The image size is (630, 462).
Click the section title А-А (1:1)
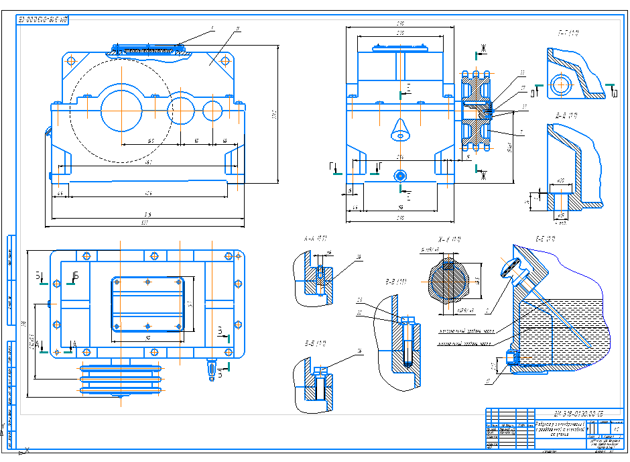click(x=314, y=238)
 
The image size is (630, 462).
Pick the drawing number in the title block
click(x=579, y=413)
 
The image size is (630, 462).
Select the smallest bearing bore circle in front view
click(x=213, y=109)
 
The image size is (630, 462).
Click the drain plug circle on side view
click(x=400, y=176)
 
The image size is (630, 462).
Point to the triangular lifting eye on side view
click(x=400, y=129)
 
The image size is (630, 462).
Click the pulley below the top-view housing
click(x=121, y=380)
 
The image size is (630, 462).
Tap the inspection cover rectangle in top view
click(x=147, y=304)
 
